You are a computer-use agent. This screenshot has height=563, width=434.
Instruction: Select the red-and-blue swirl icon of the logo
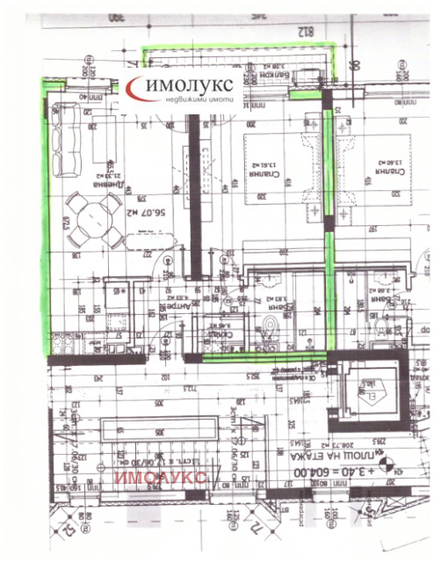[x=138, y=87]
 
